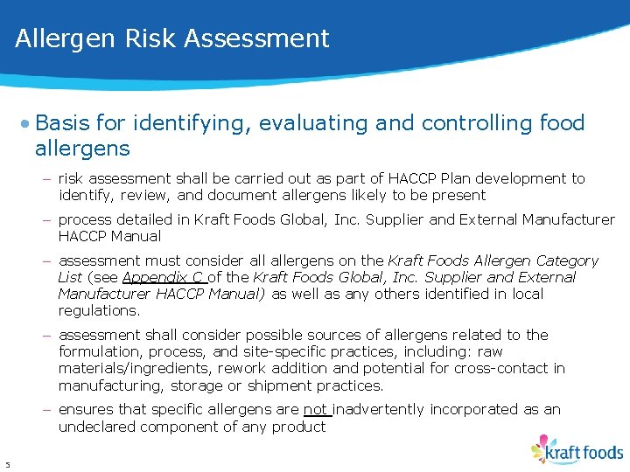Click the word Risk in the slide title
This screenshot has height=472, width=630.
(143, 39)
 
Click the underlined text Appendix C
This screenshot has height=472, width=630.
(163, 277)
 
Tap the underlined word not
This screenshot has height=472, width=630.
(316, 409)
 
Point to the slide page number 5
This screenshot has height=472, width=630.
(7, 464)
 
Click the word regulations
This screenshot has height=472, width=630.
(99, 310)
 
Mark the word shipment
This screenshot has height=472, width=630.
(294, 385)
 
